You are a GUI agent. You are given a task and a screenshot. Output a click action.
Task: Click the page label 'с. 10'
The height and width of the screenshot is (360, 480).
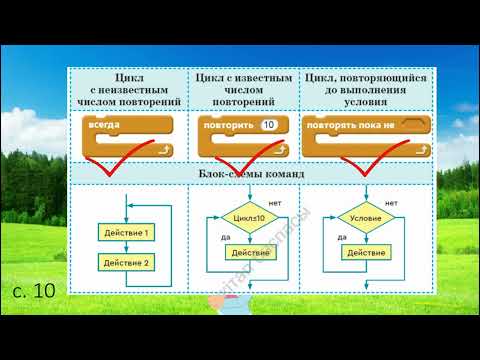pos(39,290)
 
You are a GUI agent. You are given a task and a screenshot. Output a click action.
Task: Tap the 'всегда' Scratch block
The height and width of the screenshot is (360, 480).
pos(106,125)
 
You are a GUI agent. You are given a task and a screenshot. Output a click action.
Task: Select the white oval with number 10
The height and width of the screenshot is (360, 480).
pos(268,125)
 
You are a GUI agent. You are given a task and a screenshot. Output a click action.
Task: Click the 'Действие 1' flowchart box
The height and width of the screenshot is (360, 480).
pos(127,233)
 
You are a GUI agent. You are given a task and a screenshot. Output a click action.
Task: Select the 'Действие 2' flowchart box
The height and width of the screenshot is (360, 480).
pos(127,263)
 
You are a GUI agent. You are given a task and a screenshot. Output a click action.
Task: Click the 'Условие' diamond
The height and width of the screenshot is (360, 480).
pos(360,216)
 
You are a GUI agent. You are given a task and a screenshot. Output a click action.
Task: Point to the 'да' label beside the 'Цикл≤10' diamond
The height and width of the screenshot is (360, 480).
pos(230,237)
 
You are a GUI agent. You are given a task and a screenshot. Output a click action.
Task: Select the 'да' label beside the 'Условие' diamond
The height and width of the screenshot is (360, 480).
pos(342,237)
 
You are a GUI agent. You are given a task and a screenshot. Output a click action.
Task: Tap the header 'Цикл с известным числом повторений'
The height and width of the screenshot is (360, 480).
pos(244,89)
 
